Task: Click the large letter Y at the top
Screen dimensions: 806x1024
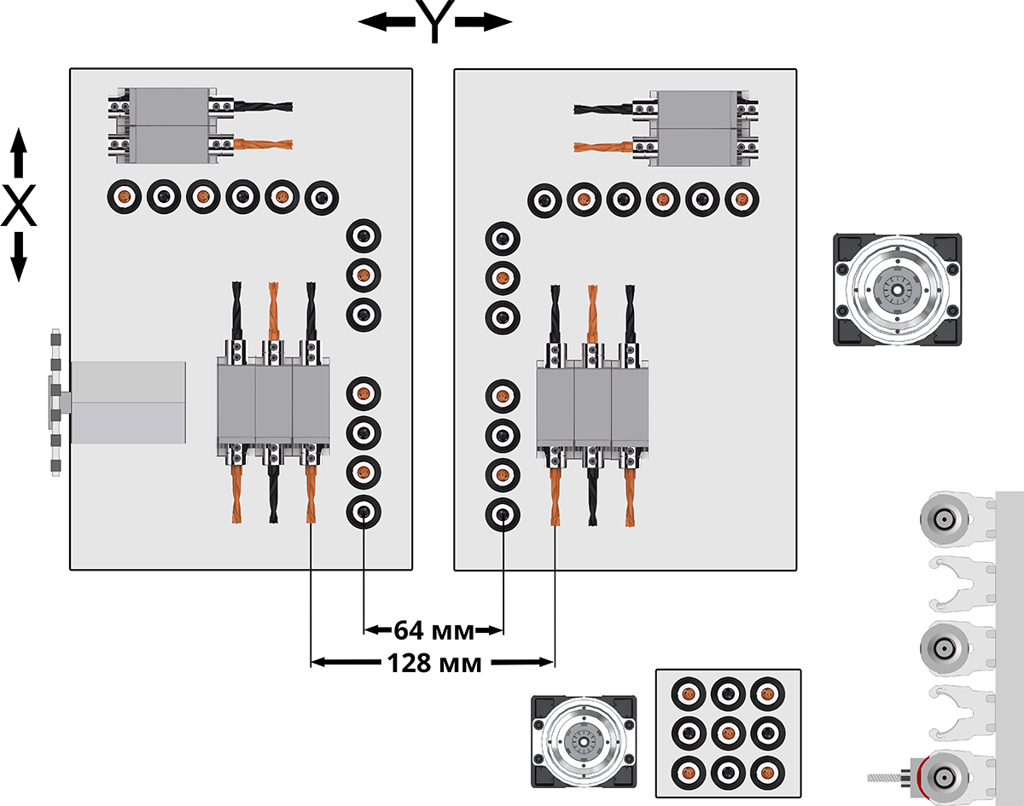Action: click(x=434, y=23)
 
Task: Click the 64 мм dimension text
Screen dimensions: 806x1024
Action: click(x=433, y=631)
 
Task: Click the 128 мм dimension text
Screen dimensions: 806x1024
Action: click(x=433, y=663)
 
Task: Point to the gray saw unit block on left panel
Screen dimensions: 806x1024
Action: click(x=128, y=403)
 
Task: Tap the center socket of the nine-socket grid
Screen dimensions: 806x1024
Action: click(x=727, y=732)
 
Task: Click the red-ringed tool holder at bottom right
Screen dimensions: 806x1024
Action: click(x=942, y=776)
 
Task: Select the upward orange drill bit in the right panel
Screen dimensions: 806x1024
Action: click(x=592, y=312)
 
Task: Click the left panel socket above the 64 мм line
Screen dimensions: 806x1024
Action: click(x=364, y=512)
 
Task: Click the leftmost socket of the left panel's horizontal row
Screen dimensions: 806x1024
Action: click(x=124, y=198)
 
